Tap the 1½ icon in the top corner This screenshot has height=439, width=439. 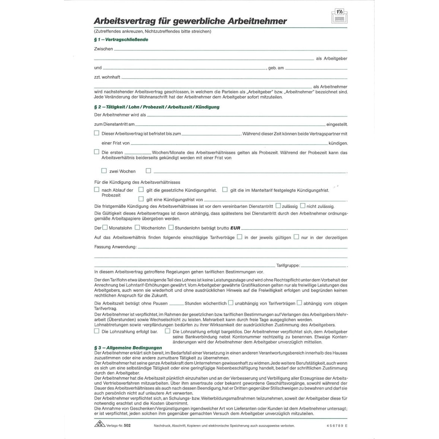click(x=339, y=16)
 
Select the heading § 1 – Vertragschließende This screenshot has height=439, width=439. click(x=121, y=39)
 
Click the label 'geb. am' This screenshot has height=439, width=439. click(x=276, y=68)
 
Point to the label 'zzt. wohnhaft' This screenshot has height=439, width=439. click(x=107, y=77)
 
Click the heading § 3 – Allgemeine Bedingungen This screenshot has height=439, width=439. click(x=128, y=348)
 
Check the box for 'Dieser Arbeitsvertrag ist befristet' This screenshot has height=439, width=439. click(x=97, y=133)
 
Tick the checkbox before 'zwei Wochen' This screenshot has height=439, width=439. click(x=104, y=171)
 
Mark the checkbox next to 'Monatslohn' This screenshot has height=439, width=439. click(x=105, y=227)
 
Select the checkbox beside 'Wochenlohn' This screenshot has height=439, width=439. click(x=137, y=227)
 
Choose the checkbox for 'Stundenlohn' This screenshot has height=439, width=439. click(x=171, y=227)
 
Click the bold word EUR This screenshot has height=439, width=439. click(x=235, y=228)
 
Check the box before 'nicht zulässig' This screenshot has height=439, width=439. click(x=303, y=206)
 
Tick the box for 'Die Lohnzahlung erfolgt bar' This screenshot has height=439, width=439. click(x=97, y=331)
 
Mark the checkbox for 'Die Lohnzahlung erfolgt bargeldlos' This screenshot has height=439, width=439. click(x=168, y=331)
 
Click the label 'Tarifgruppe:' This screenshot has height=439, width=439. click(x=288, y=265)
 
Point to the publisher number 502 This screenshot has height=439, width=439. click(x=127, y=425)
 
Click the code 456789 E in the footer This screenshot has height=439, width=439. click(x=337, y=425)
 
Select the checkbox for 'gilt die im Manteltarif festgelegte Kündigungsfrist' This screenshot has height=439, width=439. click(x=225, y=190)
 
